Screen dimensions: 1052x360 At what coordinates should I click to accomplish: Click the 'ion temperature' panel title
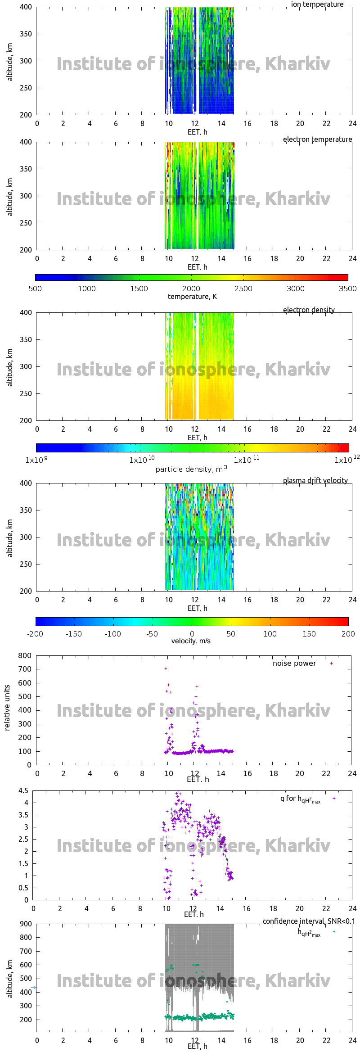pos(317,5)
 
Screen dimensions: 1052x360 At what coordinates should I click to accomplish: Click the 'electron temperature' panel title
pos(317,139)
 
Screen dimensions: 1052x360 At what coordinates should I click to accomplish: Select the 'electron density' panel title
pos(309,310)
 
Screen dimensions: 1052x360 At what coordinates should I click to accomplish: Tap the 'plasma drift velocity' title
pos(315,480)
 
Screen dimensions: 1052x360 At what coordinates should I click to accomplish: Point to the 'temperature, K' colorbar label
pos(192,296)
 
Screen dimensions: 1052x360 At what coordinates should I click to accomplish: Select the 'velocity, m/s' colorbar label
pos(191,641)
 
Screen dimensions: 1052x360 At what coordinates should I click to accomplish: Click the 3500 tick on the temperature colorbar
pos(347,289)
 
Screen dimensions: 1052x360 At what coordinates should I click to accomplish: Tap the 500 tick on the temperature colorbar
pos(35,289)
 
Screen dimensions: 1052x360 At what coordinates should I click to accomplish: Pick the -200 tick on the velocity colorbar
pos(35,634)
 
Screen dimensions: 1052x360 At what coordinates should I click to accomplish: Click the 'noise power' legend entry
pos(294,663)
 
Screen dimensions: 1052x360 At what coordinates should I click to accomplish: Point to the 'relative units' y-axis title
pos(7,708)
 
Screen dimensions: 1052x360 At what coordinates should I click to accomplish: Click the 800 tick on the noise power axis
pos(25,655)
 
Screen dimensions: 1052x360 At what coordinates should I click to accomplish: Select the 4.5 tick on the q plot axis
pos(23,790)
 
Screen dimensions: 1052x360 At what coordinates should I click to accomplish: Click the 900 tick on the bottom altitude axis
pos(26,924)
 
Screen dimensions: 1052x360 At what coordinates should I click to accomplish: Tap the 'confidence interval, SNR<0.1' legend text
pos(309,921)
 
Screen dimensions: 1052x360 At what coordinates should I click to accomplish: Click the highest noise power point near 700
pos(166,668)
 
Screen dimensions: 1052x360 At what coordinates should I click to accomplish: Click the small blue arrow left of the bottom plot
pos(33,988)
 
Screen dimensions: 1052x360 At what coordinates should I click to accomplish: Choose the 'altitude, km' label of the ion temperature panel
pos(9,62)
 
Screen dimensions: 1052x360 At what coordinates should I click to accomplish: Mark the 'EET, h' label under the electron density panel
pos(197,438)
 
